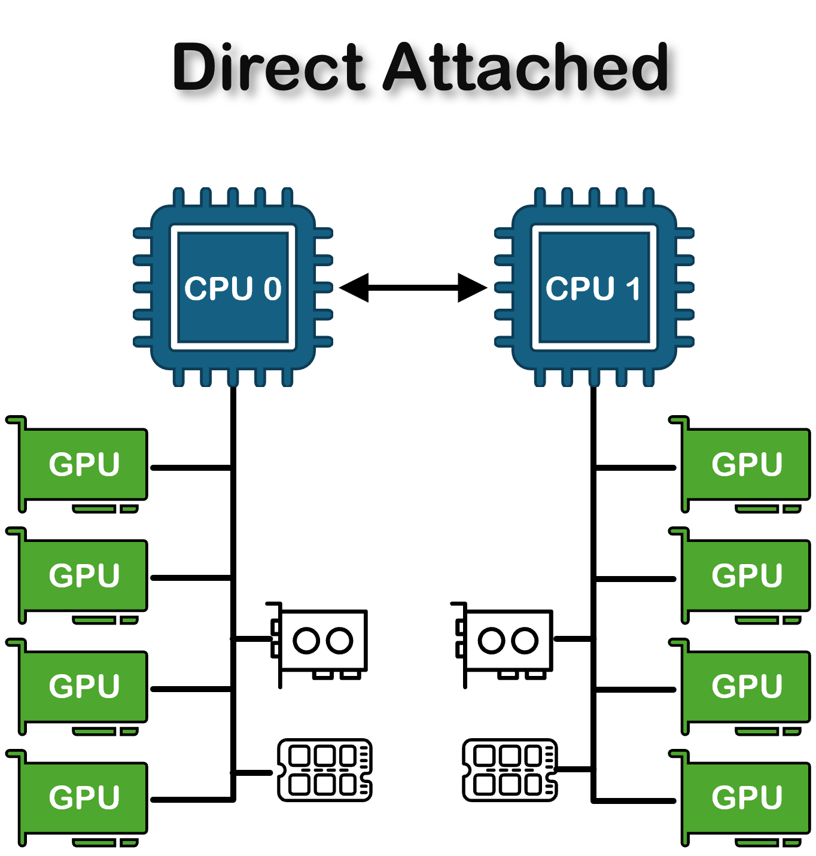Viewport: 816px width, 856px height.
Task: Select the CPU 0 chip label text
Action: pos(233,288)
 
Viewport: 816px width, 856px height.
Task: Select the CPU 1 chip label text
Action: pos(593,288)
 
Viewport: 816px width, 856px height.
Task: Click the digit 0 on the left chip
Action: pos(273,289)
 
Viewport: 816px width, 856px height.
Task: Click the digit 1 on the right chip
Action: pos(634,289)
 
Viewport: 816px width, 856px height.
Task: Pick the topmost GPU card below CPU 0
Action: pos(84,464)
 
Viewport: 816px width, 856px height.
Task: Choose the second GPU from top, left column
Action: pos(84,575)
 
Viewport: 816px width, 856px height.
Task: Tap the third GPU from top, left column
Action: pos(84,686)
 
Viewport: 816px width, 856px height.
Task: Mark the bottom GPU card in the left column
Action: pos(84,797)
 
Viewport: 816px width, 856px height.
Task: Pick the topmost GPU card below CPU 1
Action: pos(747,464)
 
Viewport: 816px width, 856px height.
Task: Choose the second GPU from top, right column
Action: pos(747,575)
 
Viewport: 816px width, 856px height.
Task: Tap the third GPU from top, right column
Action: pos(747,686)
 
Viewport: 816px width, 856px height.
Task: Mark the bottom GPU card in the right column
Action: pos(747,797)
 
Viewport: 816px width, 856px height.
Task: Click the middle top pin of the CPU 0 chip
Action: pos(233,197)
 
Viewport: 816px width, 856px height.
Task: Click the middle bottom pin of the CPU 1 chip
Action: pos(594,377)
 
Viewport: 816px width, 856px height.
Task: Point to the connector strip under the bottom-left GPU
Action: pos(95,843)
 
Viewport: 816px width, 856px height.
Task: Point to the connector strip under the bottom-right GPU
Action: pos(757,843)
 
